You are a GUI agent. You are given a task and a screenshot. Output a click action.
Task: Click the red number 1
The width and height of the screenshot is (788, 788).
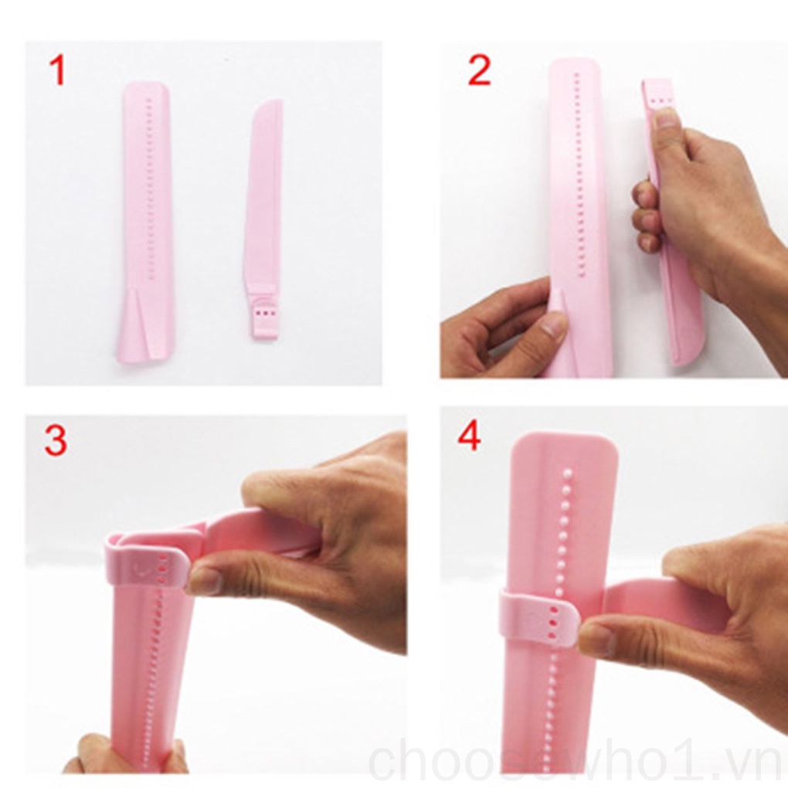57,70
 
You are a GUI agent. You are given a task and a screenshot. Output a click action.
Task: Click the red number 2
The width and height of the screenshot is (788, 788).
479,70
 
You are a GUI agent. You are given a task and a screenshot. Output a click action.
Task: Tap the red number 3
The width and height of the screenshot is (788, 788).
55,440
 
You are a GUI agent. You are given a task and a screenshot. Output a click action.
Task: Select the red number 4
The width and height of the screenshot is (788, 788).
469,436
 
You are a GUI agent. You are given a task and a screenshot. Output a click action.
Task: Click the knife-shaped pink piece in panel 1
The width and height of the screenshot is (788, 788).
263,201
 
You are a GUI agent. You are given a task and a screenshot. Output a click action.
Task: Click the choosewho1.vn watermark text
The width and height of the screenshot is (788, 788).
576,761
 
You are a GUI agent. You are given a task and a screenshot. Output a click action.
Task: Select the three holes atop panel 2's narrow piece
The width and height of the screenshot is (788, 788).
658,100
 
